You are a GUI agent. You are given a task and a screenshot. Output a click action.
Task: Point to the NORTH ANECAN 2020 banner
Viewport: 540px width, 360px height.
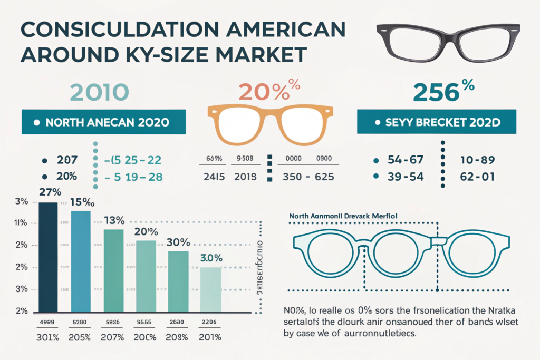click(103, 122)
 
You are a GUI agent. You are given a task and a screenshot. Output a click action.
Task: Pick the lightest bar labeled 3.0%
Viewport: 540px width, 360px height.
click(210, 289)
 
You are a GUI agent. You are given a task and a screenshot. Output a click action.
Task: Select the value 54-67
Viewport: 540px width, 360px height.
click(406, 160)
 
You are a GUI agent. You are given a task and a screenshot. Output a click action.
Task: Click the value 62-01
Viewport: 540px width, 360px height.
click(477, 177)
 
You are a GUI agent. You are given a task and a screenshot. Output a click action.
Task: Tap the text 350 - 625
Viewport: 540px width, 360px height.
click(309, 177)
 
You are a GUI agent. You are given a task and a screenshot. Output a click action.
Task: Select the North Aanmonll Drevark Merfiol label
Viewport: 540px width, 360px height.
click(343, 216)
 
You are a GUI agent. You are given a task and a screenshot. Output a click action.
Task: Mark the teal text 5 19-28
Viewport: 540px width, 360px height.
click(134, 177)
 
